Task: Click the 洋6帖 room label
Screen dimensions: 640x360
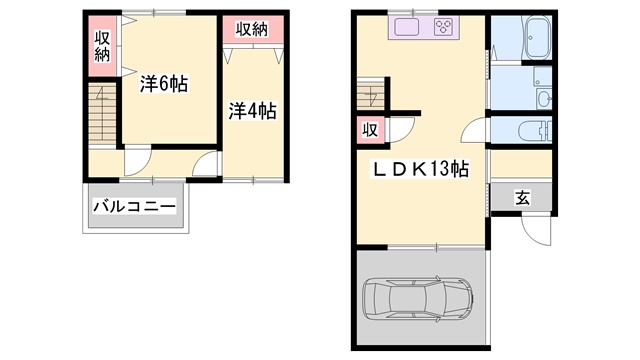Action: (x=164, y=84)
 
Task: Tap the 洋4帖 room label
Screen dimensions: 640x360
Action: (x=252, y=111)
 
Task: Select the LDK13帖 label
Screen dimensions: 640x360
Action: (x=420, y=169)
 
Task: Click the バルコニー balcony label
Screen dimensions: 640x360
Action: (x=134, y=207)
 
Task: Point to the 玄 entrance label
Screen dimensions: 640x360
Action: (x=522, y=198)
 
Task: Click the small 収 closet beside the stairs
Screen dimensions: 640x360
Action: (x=371, y=130)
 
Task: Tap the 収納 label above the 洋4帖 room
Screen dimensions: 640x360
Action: (x=252, y=29)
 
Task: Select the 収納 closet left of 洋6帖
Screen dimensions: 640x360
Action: (x=102, y=47)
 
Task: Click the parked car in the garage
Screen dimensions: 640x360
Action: (x=418, y=299)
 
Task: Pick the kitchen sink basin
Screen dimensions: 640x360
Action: (x=407, y=27)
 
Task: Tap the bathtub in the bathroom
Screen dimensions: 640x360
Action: (x=538, y=38)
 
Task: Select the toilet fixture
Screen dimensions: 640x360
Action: (x=535, y=131)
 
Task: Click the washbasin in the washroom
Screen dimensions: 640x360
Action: (x=544, y=99)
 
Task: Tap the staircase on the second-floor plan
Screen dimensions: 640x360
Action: (x=102, y=113)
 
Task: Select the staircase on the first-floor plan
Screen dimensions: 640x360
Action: (x=371, y=94)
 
